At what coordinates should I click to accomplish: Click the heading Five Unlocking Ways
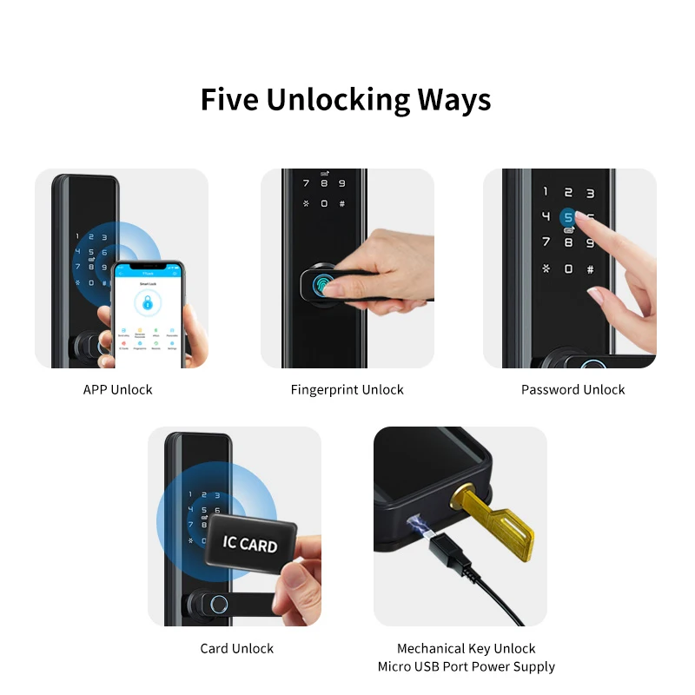coord(346,99)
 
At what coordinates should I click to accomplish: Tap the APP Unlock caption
coord(117,389)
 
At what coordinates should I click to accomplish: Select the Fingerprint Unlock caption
coord(347,389)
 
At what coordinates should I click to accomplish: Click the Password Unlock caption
coord(573,389)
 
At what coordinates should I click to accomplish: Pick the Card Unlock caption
coord(236,648)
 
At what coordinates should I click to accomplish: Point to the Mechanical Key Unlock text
coord(466,648)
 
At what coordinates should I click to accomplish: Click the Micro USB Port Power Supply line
coord(466,666)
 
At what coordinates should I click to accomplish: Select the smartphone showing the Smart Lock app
coord(148,313)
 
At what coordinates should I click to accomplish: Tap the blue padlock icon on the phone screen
coord(149,302)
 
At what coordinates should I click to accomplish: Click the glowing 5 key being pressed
coord(568,217)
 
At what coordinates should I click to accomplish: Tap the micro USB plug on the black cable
coord(442,555)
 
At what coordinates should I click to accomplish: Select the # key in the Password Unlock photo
coord(591,269)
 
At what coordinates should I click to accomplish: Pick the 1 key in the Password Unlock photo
coord(546,192)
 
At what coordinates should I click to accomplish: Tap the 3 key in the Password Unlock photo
coord(591,193)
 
